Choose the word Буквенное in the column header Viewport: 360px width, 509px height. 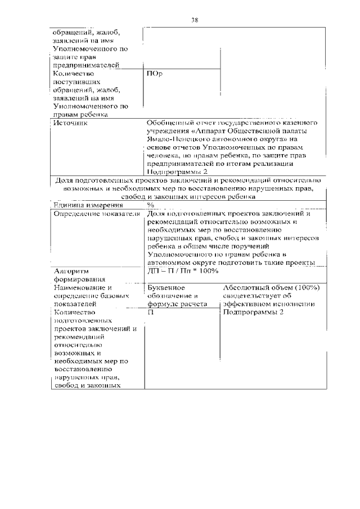tap(165, 287)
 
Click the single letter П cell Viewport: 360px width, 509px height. tap(150, 312)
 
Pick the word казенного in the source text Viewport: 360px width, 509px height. tap(302, 122)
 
